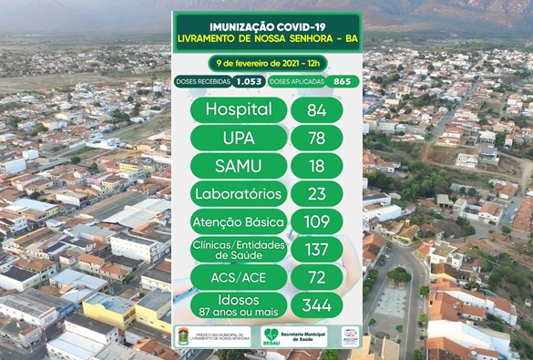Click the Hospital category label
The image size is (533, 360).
click(x=239, y=109)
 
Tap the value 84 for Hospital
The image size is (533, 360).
click(x=316, y=109)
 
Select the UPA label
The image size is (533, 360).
click(x=239, y=138)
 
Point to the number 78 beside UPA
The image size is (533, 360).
click(x=316, y=138)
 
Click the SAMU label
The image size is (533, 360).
click(x=239, y=166)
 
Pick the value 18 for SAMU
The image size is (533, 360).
click(x=316, y=166)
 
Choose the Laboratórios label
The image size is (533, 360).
click(x=239, y=193)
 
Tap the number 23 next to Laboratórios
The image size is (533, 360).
click(x=316, y=193)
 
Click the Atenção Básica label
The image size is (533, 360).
click(x=239, y=221)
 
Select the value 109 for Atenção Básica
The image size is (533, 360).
click(x=316, y=221)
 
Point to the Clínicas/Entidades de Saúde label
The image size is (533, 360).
click(x=239, y=249)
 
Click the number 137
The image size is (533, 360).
click(x=316, y=249)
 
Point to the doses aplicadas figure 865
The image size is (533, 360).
click(x=343, y=81)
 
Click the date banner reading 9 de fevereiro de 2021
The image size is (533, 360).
click(x=266, y=62)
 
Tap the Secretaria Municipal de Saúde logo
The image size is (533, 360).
click(x=293, y=337)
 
